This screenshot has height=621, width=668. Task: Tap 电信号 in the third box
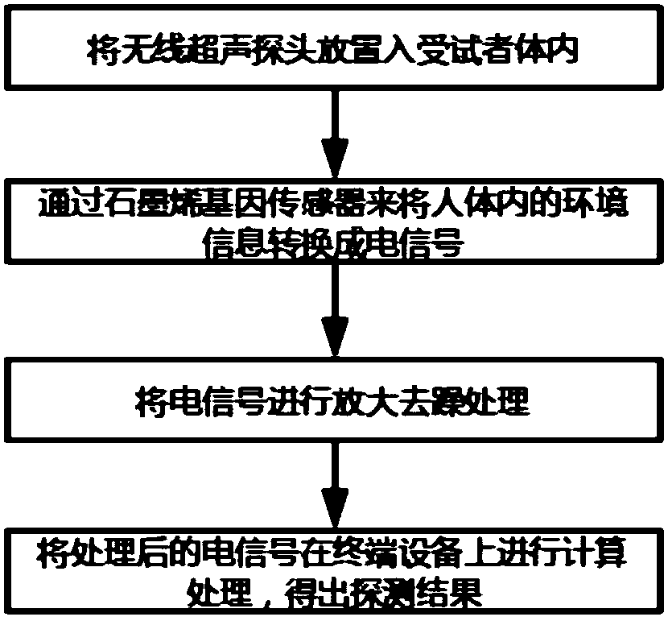point(200,400)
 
